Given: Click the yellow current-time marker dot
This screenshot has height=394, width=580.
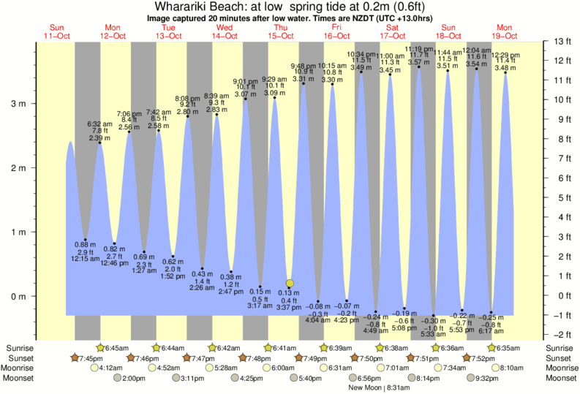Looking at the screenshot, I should pos(290,283).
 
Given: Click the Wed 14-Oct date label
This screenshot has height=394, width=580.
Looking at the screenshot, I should pos(225,32).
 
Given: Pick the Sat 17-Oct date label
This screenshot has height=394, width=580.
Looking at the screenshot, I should pos(393,32).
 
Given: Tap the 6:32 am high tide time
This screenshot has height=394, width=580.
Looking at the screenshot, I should pos(99,124).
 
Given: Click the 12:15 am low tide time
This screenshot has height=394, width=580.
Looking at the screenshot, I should pos(86,259).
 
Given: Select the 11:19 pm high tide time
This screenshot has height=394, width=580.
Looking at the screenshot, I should pos(418,48).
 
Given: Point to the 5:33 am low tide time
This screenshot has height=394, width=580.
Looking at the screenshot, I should pos(433,334).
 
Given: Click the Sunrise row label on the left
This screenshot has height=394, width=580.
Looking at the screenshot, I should pos(20,348).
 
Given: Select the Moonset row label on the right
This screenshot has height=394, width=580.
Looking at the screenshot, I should pos(562,378).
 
